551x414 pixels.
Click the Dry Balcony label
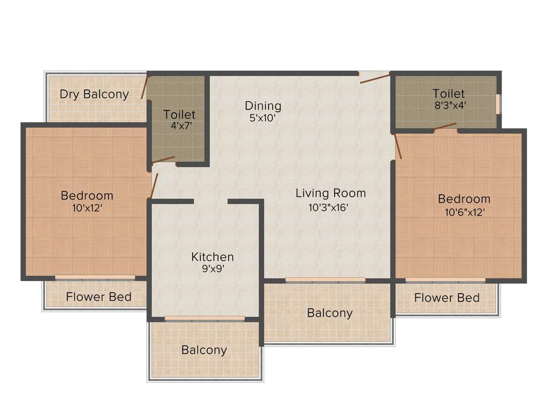(94, 94)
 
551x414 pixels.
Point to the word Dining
(263, 106)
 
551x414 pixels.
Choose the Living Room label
(330, 193)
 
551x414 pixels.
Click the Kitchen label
(213, 257)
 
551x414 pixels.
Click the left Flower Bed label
(98, 297)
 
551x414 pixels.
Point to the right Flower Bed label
(447, 298)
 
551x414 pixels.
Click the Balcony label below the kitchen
(204, 350)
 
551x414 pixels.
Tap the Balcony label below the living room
(330, 313)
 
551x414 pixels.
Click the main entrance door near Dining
(375, 78)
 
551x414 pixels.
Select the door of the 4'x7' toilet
(164, 160)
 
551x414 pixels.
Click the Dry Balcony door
(144, 87)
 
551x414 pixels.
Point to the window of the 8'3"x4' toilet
(498, 104)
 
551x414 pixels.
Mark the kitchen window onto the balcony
(204, 319)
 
